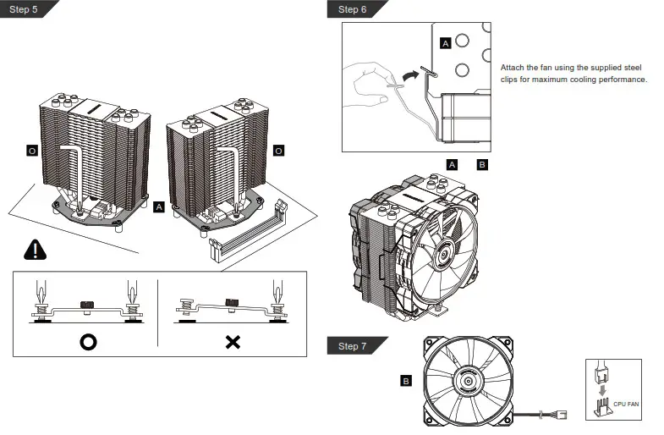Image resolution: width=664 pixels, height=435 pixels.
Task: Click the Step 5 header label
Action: coord(23,9)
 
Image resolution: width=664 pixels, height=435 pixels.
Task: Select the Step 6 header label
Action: coord(352,9)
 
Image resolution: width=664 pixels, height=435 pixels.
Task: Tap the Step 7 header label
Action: coord(352,346)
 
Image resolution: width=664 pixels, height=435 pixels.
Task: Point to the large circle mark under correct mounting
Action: coord(88,343)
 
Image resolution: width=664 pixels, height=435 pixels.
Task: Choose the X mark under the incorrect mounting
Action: coord(233,343)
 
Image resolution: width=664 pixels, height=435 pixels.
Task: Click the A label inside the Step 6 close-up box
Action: coord(446,42)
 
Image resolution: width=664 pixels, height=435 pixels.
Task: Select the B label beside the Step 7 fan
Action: coord(405,382)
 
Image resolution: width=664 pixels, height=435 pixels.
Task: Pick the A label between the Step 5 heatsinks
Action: coord(160,206)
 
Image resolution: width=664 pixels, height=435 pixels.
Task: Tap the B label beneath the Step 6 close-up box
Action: coord(481,164)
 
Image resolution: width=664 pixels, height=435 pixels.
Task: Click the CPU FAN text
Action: coord(626,405)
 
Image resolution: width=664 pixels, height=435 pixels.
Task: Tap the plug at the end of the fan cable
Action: coord(561,416)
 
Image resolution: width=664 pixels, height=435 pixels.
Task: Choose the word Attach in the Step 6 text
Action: coord(513,67)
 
